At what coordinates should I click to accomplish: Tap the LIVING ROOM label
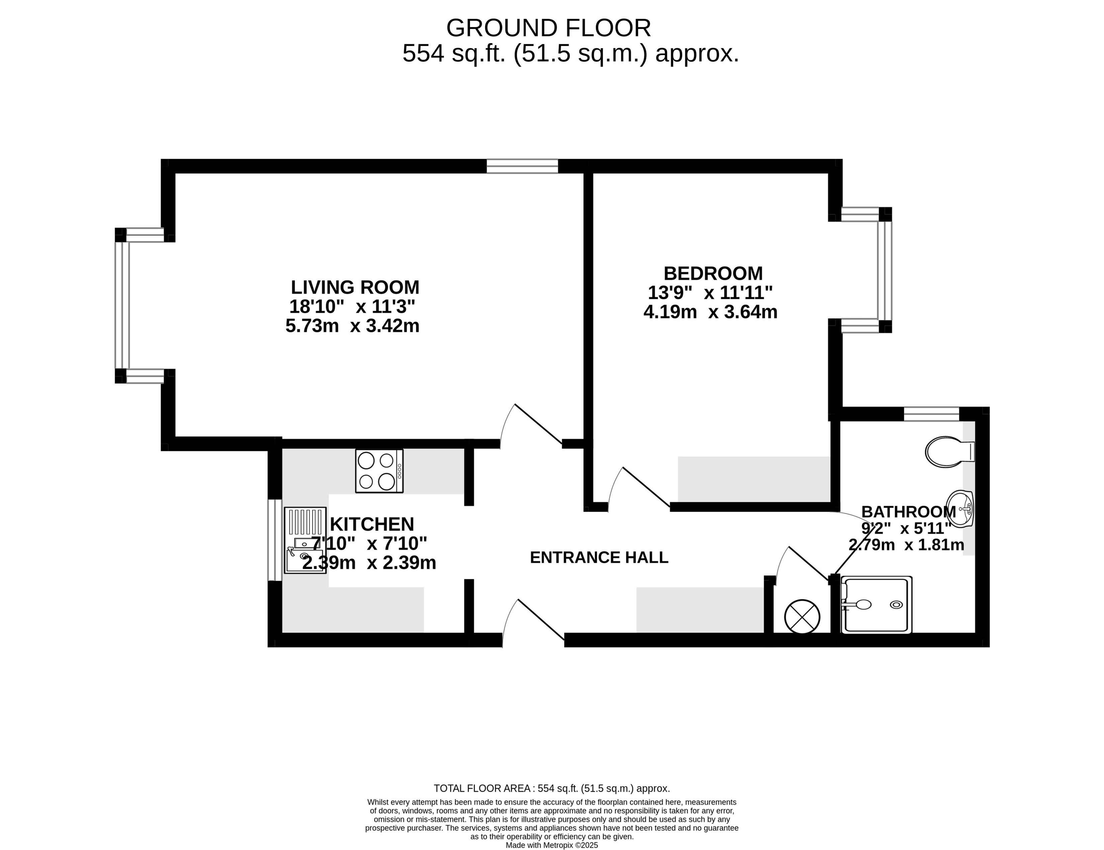355,287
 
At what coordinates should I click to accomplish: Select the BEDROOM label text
713,273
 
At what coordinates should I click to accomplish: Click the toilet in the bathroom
949,451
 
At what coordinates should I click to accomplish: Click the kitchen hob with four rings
379,471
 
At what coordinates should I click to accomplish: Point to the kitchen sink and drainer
305,540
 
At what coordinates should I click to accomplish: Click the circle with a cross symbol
802,616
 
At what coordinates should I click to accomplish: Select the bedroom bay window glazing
885,270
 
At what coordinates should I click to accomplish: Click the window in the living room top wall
522,166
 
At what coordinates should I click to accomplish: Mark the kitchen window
274,540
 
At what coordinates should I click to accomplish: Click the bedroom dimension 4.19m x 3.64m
710,312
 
